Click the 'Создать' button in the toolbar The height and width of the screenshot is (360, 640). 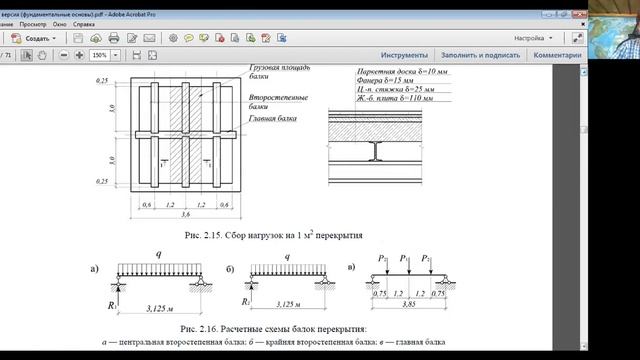[x=35, y=38]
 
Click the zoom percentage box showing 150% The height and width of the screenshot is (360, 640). [x=101, y=55]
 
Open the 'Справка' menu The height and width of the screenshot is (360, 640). [x=84, y=24]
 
